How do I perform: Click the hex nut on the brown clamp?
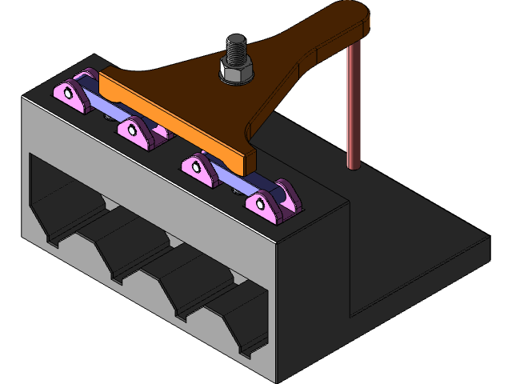pyautogui.click(x=237, y=72)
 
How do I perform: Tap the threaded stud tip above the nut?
pyautogui.click(x=236, y=40)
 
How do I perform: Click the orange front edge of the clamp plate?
pyautogui.click(x=176, y=128)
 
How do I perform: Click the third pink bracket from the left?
pyautogui.click(x=200, y=169)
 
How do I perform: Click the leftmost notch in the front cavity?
pyautogui.click(x=56, y=236)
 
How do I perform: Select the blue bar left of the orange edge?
pyautogui.click(x=92, y=100)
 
